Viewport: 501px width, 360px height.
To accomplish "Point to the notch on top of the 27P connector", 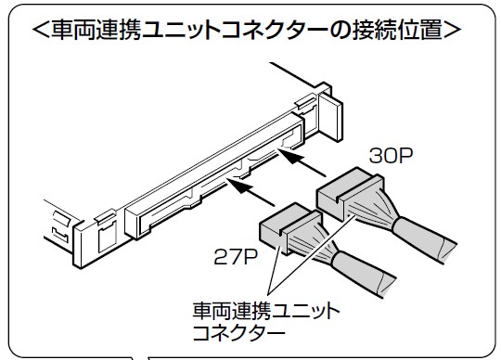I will pos(283,223).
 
